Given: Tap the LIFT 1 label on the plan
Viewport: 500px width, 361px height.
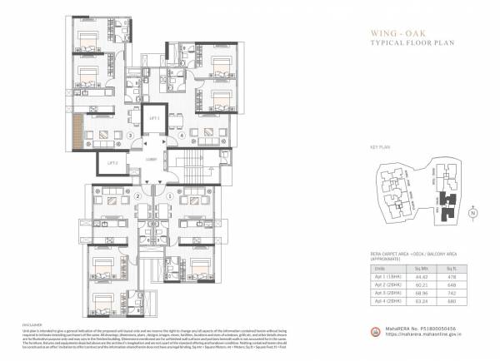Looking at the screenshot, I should click(153, 120).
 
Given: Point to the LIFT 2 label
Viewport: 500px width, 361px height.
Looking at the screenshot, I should click(112, 163).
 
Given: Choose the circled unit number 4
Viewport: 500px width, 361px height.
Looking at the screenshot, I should click(182, 135).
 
